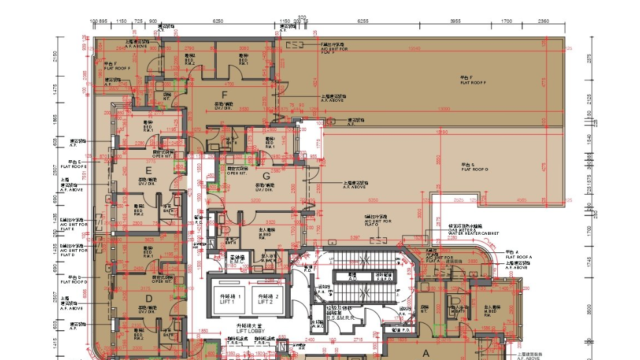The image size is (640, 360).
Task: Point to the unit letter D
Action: (148, 297)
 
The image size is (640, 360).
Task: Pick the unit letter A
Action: (424, 353)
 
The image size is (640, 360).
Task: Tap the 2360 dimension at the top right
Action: (543, 19)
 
